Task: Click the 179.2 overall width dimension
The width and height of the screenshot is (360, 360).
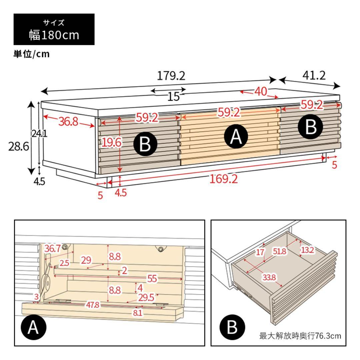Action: tap(171, 76)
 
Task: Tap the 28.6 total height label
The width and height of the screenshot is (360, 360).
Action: tap(19, 147)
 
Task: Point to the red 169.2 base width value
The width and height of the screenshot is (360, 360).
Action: tap(223, 179)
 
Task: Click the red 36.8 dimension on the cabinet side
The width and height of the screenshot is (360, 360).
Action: tap(68, 122)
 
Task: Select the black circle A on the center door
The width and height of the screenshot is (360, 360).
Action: tap(236, 137)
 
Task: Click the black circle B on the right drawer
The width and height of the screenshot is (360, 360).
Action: tap(310, 127)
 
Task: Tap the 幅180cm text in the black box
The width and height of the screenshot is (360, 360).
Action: tap(54, 35)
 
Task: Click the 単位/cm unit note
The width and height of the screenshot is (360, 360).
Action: tap(31, 54)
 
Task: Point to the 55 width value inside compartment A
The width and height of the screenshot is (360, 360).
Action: tap(152, 279)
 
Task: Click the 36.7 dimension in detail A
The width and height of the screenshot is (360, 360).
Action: tap(52, 248)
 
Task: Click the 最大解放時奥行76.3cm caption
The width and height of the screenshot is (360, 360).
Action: tap(300, 336)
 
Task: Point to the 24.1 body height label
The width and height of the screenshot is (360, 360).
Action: tap(39, 134)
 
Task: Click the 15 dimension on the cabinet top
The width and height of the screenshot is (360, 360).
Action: tap(173, 97)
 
